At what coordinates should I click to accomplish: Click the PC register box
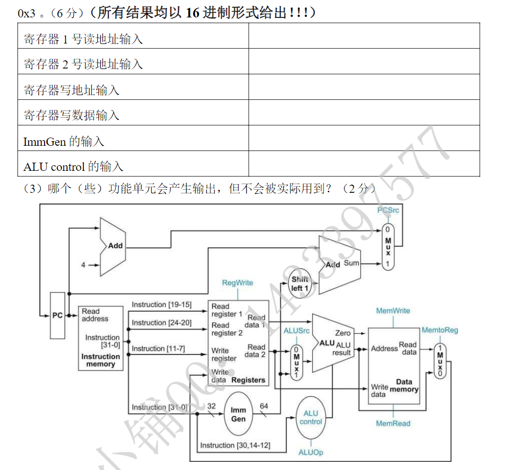(x=57, y=315)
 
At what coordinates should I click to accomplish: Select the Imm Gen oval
(x=238, y=414)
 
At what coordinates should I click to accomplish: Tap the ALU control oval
(x=311, y=417)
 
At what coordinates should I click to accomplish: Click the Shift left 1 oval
(x=300, y=283)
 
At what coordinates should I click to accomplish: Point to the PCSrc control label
(x=388, y=210)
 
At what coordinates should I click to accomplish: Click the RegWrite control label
(x=238, y=283)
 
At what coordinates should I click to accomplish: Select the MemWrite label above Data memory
(x=393, y=310)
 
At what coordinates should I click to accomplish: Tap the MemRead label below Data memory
(x=393, y=423)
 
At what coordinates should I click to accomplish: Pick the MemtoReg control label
(x=440, y=330)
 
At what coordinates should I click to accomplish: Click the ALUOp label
(x=311, y=453)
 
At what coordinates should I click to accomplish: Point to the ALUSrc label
(x=297, y=331)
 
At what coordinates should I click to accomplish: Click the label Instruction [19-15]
(x=161, y=305)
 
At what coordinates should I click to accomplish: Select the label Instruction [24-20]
(x=161, y=323)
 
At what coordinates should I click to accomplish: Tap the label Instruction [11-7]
(x=158, y=348)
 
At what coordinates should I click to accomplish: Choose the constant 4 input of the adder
(x=83, y=265)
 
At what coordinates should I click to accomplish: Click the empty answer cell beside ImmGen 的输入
(x=364, y=139)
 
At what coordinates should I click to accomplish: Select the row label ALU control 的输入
(x=74, y=166)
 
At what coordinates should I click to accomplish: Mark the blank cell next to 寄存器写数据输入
(x=364, y=113)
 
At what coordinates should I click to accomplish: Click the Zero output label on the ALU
(x=343, y=333)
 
